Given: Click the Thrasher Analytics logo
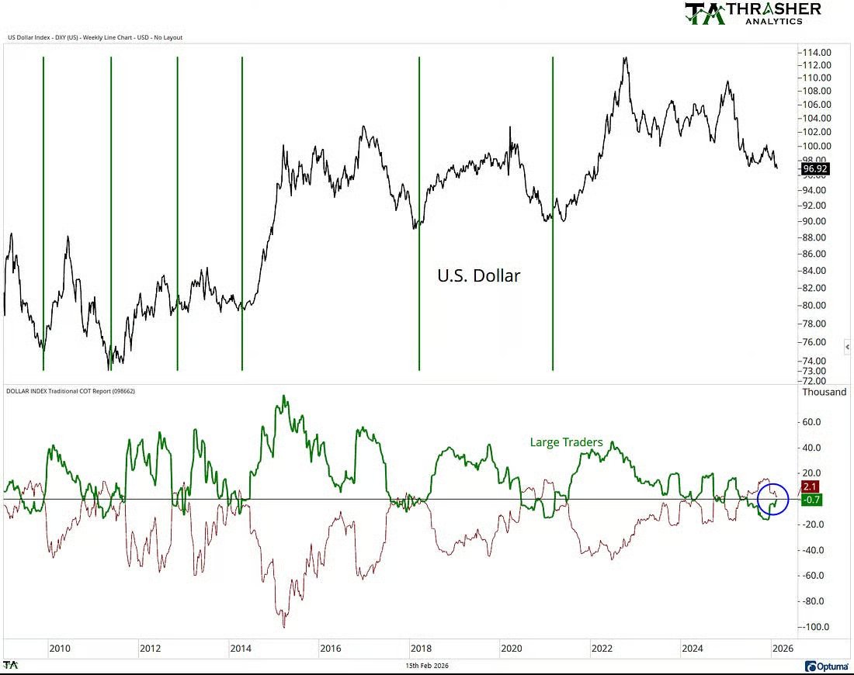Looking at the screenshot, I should [x=752, y=13].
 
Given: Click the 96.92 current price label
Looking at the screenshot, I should [x=817, y=167].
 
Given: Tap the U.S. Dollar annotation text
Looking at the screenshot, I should [x=478, y=275].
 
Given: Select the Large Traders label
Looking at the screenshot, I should [x=566, y=442].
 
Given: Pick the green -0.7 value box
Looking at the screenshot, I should [x=811, y=500].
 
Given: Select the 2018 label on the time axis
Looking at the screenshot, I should [x=421, y=648].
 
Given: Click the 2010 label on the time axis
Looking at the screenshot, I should [x=60, y=648].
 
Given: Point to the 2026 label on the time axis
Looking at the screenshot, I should [x=782, y=648].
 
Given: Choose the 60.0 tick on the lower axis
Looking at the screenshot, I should [x=815, y=422].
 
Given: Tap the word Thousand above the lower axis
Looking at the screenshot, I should [x=824, y=392].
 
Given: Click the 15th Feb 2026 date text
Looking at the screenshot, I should [x=427, y=666].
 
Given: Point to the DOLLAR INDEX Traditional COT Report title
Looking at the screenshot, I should [x=71, y=391].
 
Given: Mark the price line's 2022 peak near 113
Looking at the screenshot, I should [x=625, y=57].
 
